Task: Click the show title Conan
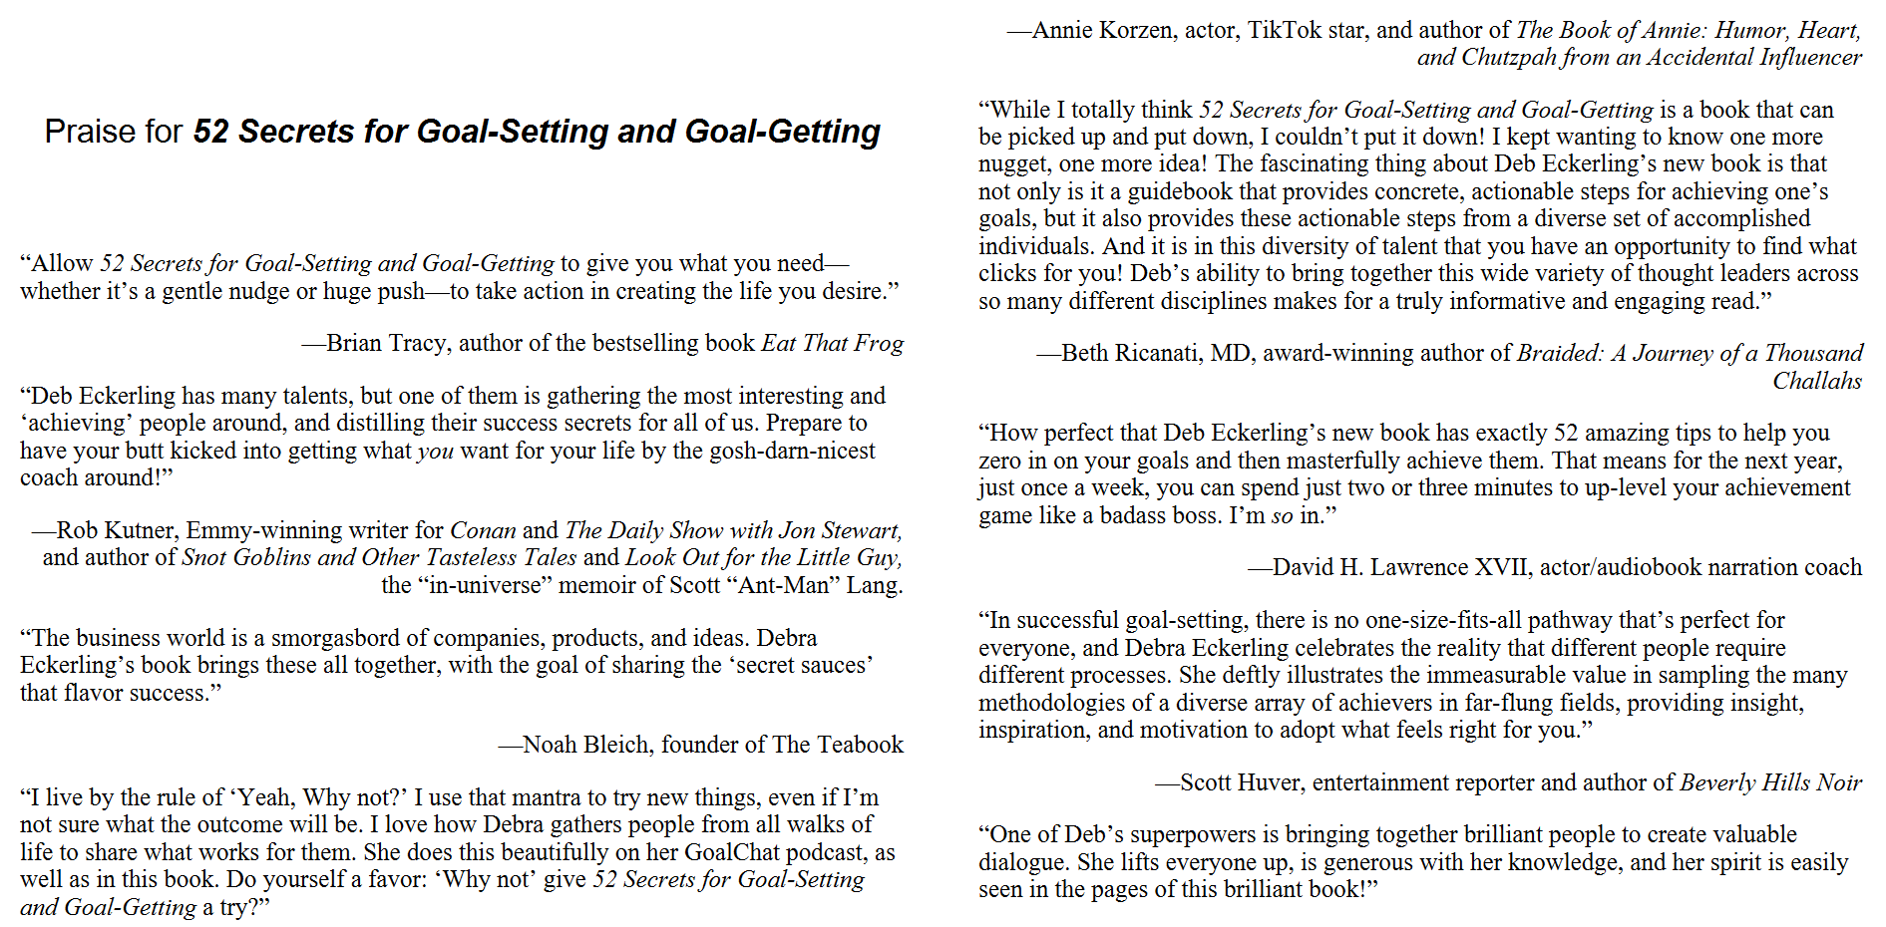tap(483, 530)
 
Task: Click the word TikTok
tap(1285, 30)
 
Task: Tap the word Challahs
tap(1816, 381)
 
